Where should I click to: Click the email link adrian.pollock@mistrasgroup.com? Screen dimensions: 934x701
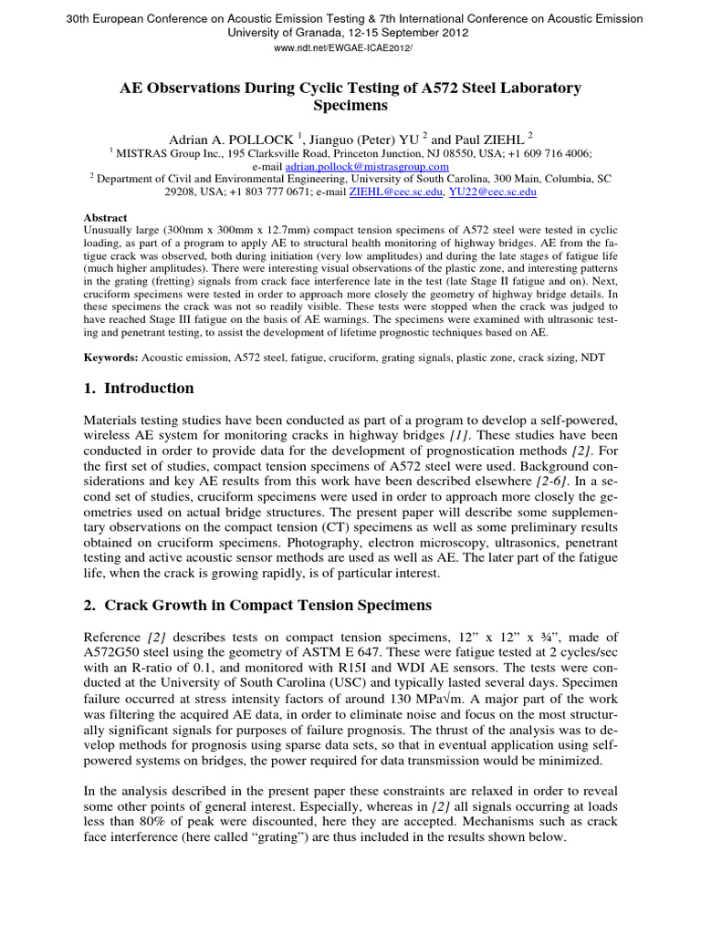point(367,167)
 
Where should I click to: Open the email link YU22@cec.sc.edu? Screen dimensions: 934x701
point(499,192)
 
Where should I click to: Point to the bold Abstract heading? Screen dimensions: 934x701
point(106,219)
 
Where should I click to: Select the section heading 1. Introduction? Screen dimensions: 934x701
point(139,389)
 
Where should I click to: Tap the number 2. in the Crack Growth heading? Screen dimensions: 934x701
point(90,606)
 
